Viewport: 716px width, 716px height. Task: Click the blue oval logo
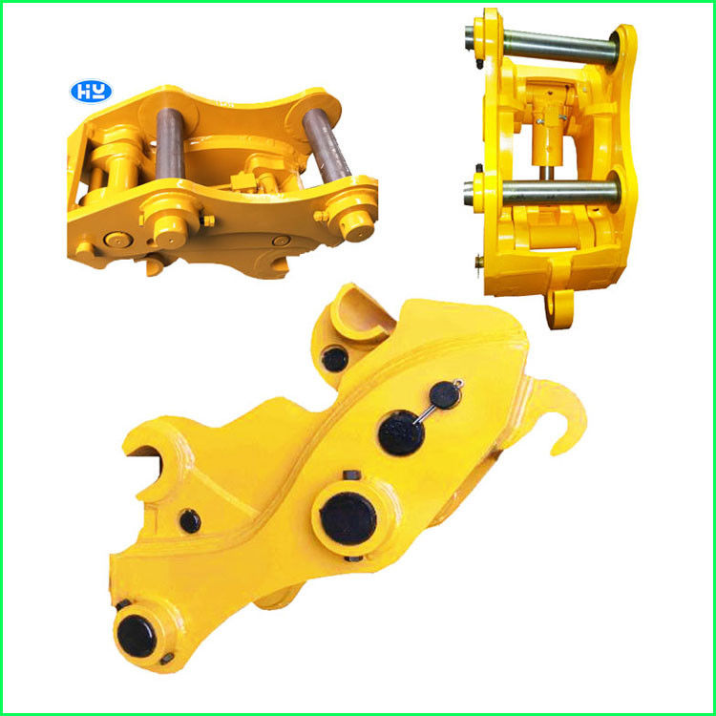(x=92, y=92)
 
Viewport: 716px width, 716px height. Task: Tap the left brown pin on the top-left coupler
(x=170, y=143)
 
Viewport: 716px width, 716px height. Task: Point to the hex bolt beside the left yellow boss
(x=207, y=221)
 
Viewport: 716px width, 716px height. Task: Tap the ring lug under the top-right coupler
(x=559, y=308)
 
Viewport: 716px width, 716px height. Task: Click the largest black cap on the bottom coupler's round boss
(x=347, y=518)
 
